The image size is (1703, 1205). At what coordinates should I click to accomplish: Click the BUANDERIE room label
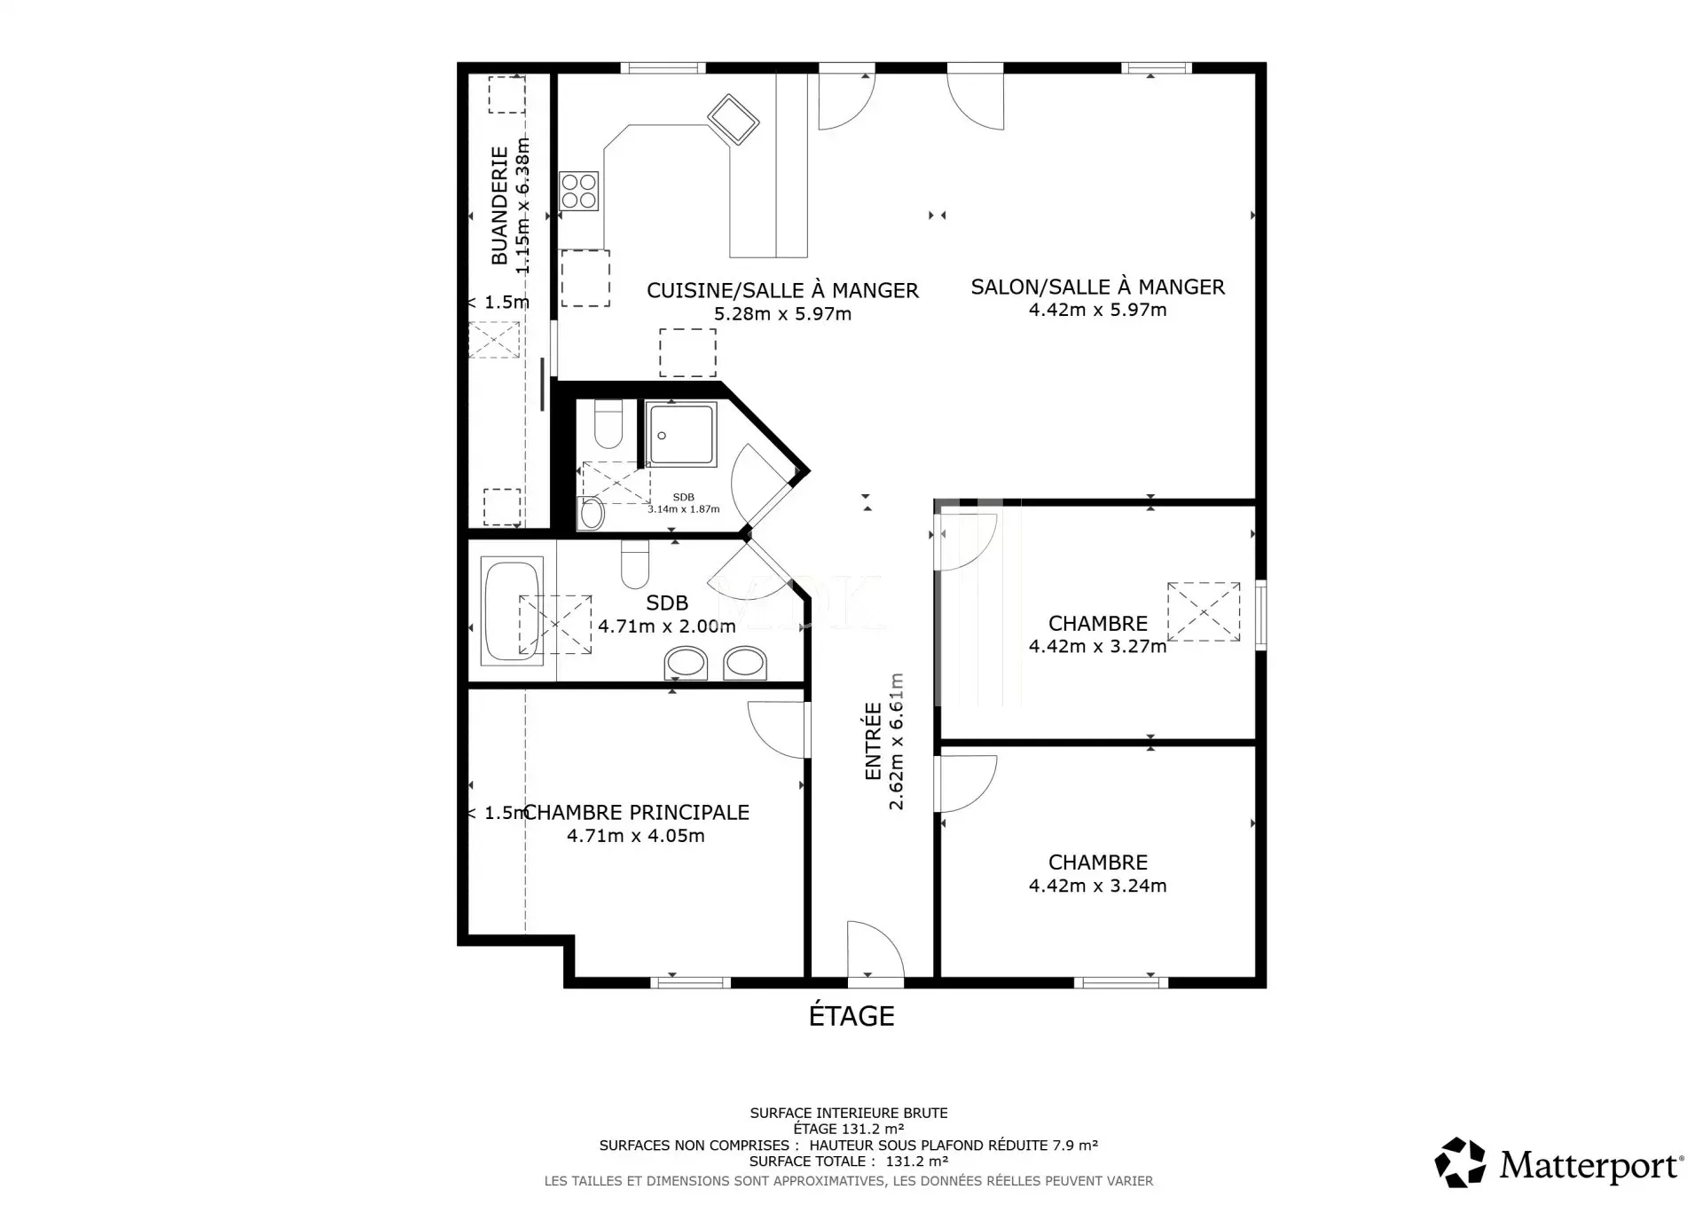tap(500, 206)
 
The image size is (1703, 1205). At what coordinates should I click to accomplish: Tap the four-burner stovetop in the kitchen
tap(579, 191)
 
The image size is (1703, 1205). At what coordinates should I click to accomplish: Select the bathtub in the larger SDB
tap(512, 610)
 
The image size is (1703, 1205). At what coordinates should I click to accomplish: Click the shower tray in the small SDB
tap(680, 434)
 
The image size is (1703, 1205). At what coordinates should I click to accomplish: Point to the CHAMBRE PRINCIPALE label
tap(637, 812)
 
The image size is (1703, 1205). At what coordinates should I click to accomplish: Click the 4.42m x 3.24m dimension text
tap(1097, 886)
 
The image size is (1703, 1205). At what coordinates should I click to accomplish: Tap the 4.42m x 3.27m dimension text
tap(1097, 647)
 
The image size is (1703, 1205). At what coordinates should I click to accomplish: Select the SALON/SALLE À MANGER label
tap(1097, 287)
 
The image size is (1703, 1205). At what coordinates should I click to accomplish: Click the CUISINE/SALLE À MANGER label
tap(782, 290)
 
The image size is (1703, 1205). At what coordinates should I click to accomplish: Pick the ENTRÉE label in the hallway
tap(873, 742)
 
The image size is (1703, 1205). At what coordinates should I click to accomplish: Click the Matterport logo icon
tap(1460, 1162)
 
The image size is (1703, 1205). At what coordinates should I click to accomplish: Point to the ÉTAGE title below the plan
tap(851, 1015)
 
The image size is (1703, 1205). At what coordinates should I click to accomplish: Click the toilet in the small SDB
tap(608, 424)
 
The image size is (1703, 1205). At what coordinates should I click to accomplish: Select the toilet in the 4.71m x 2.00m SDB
tap(635, 564)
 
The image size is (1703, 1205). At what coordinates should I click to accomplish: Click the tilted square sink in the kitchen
tap(733, 119)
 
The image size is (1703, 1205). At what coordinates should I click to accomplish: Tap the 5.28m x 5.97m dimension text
tap(782, 314)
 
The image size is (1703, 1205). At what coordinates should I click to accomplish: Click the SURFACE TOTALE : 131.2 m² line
tap(849, 1162)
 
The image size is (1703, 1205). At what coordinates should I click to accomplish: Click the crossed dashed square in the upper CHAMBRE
tap(1204, 611)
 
